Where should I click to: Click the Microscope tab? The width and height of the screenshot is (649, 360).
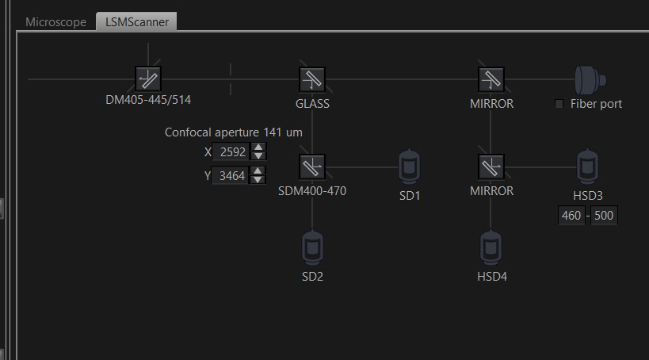click(56, 22)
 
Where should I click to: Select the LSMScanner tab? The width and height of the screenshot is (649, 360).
click(136, 21)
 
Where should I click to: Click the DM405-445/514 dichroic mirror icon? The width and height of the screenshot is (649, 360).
click(148, 79)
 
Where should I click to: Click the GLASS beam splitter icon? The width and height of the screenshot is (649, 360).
click(312, 79)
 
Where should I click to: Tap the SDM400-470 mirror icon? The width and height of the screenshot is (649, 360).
click(312, 167)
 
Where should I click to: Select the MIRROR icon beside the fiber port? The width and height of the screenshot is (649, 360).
click(491, 79)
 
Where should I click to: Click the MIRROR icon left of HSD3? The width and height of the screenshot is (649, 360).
click(491, 167)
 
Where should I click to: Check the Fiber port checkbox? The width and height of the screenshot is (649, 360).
click(559, 104)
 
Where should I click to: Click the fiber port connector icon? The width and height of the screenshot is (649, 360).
click(590, 80)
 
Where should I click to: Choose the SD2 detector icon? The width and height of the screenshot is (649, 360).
click(312, 247)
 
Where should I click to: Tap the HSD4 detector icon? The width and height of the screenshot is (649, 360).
click(491, 247)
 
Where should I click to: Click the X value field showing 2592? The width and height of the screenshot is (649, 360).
click(231, 152)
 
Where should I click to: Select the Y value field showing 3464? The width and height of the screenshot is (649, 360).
click(230, 176)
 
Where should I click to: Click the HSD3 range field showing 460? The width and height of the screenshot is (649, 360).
click(571, 216)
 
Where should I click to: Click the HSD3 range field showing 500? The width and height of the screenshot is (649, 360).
click(604, 216)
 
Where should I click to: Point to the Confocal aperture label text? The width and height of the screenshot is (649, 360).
click(212, 132)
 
